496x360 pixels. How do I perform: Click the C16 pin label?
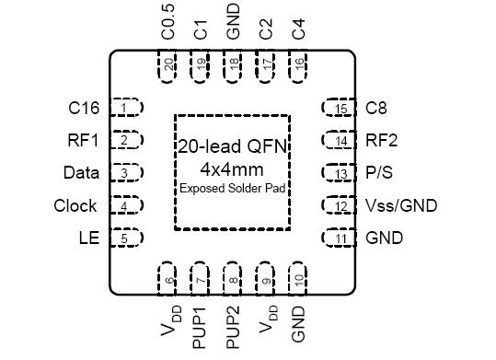(x=84, y=108)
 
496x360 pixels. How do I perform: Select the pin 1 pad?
(x=127, y=108)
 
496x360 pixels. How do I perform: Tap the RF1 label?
(x=84, y=141)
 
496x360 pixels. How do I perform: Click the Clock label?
(x=75, y=205)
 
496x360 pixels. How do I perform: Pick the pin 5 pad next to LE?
(x=127, y=238)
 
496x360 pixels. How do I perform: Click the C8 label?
(x=376, y=108)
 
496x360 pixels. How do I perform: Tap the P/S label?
(x=378, y=173)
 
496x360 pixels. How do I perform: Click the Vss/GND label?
(x=400, y=205)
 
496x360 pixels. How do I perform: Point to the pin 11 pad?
(x=339, y=238)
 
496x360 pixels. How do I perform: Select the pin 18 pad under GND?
(x=235, y=65)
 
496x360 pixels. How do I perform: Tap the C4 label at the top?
(x=298, y=28)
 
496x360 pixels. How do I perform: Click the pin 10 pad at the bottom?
(x=298, y=279)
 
